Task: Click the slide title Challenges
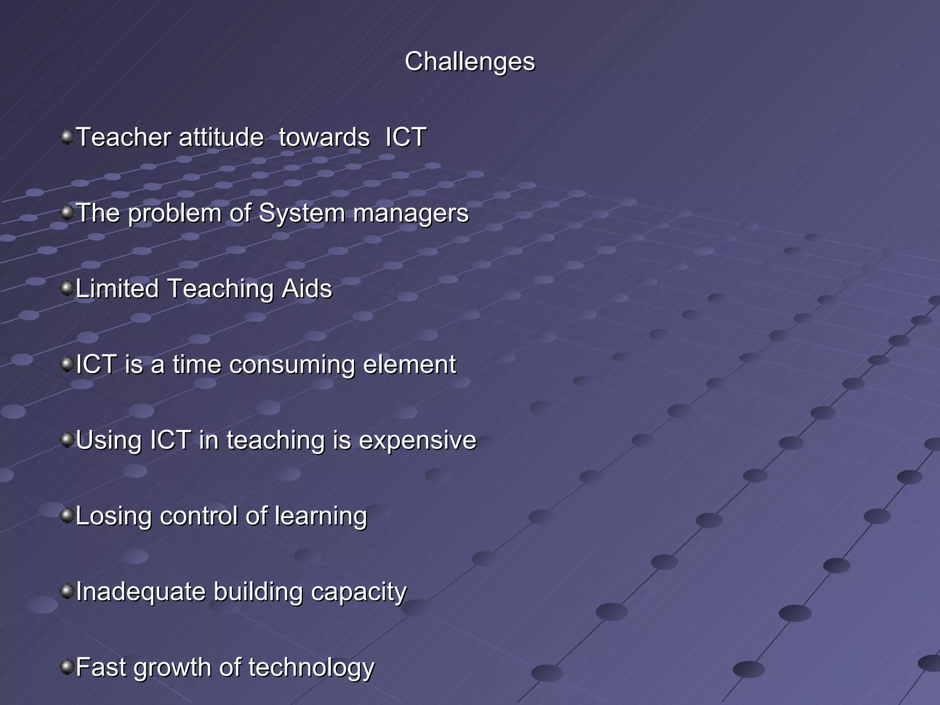coord(470,62)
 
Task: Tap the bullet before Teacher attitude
coord(67,137)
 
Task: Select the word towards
coord(324,137)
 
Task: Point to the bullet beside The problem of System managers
coord(67,213)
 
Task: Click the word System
coord(301,213)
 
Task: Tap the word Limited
coord(117,289)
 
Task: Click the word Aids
coord(307,289)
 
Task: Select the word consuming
coord(292,365)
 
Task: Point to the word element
coord(409,364)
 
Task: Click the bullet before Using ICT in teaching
coord(67,440)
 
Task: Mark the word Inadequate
coord(140,592)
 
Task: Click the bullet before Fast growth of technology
coord(67,666)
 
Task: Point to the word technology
coord(311,668)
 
